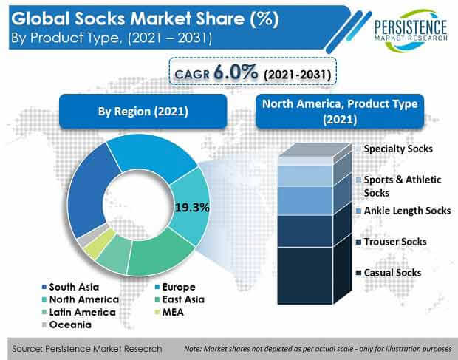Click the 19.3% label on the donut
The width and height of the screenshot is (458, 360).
coord(192,208)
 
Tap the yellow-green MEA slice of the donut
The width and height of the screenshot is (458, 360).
coord(100,243)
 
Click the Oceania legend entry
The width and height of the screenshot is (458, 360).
coord(67,325)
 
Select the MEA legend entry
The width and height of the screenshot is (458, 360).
coord(169,312)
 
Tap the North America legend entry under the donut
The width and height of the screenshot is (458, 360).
coord(81,299)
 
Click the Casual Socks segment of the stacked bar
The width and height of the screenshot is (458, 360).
coord(305,276)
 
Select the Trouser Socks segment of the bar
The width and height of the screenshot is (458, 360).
coord(305,231)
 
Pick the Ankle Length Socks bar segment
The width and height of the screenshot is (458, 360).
coord(305,201)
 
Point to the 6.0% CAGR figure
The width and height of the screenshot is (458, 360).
coord(236,72)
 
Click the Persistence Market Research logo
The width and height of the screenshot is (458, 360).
coord(411,31)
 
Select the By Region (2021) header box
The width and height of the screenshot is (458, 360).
coord(143,112)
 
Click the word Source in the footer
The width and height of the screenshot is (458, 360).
coord(26,349)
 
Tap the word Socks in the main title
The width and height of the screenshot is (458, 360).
coord(100,18)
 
